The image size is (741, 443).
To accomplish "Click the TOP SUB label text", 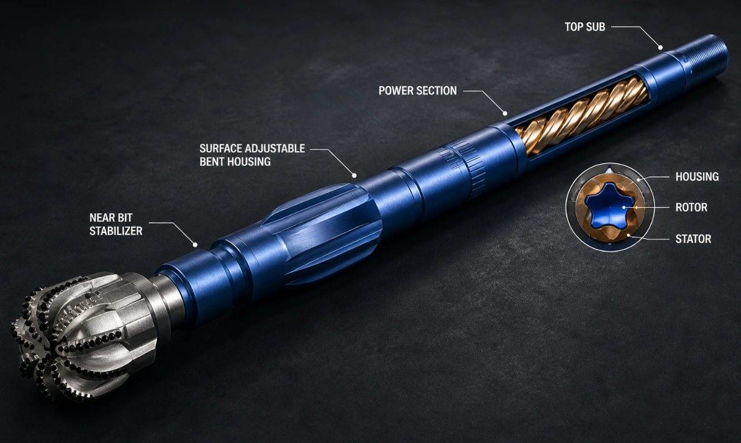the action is (x=585, y=27).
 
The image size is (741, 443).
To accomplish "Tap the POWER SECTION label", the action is (x=417, y=91).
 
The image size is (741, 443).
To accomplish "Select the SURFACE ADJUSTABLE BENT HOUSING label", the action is (x=252, y=155).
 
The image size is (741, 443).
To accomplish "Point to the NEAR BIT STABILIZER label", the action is (x=116, y=224).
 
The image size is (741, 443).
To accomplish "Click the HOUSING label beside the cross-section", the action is (x=697, y=177).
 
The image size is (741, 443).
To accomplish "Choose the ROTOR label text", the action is (x=691, y=207).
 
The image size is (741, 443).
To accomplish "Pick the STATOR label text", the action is (x=693, y=238).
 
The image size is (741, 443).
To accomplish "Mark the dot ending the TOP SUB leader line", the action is (x=660, y=48).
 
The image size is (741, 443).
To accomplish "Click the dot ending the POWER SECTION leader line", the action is (x=505, y=113).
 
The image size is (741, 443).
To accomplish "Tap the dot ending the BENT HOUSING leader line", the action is (x=354, y=176).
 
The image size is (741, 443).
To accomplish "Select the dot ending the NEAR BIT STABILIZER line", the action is (x=195, y=245).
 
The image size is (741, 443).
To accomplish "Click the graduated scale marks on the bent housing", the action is (x=463, y=165).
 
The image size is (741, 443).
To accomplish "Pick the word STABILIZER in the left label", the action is (x=116, y=231).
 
